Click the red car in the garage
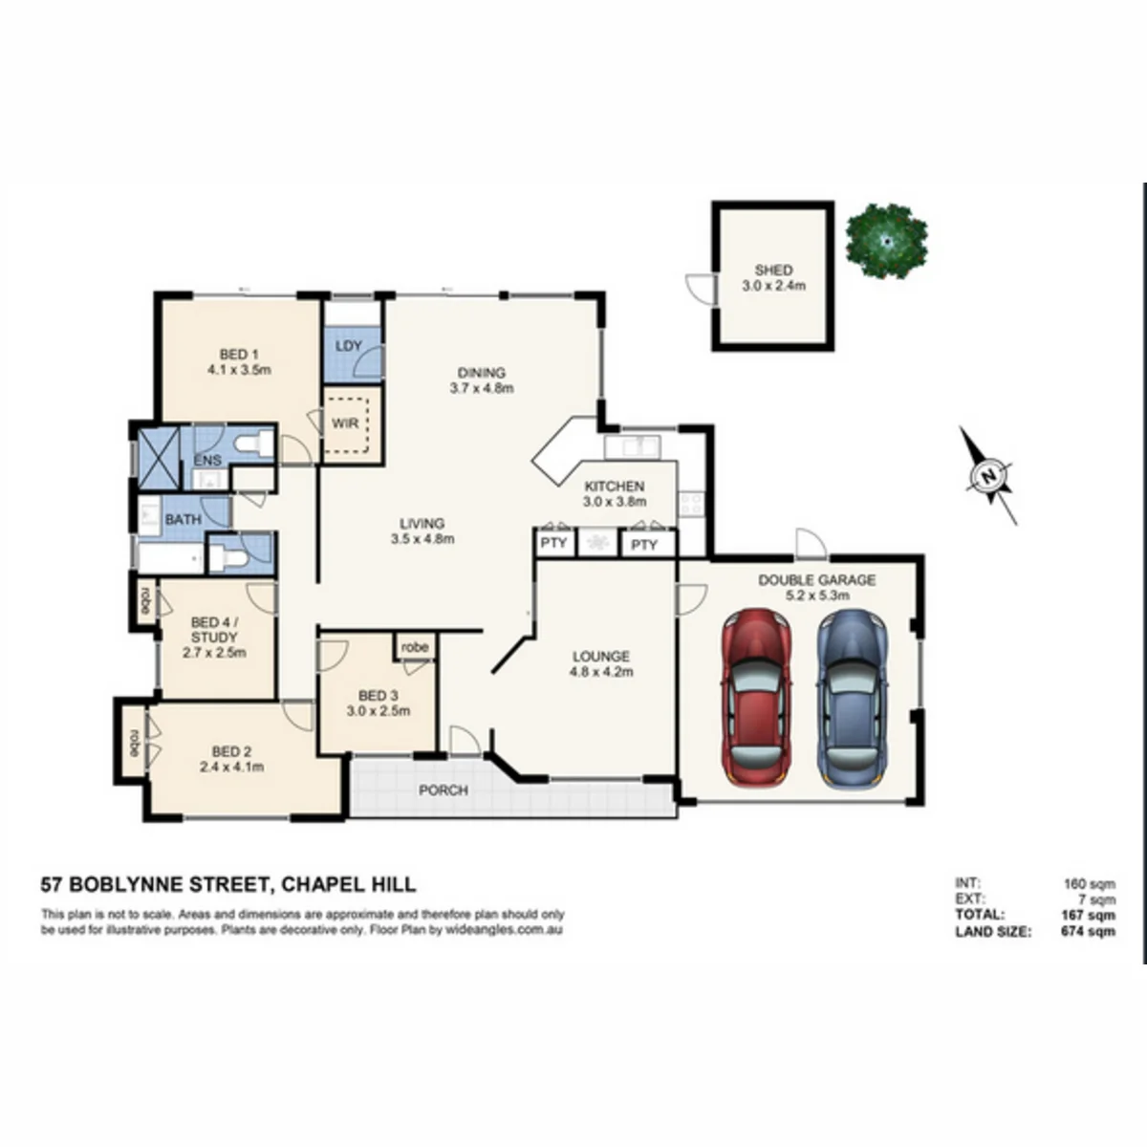[x=756, y=698]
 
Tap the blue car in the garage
[x=853, y=698]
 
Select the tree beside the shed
[x=887, y=241]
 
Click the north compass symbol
[x=987, y=476]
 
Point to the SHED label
[x=774, y=271]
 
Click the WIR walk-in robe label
[x=345, y=423]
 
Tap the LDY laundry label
[x=349, y=346]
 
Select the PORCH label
[x=444, y=790]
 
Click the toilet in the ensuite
[x=253, y=444]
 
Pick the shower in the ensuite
[x=159, y=458]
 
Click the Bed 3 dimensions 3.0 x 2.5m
[x=379, y=711]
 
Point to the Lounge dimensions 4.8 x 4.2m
[x=601, y=672]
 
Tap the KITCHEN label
[x=615, y=487]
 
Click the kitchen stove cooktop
[x=692, y=504]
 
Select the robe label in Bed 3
[x=415, y=647]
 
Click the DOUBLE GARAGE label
[x=816, y=580]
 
